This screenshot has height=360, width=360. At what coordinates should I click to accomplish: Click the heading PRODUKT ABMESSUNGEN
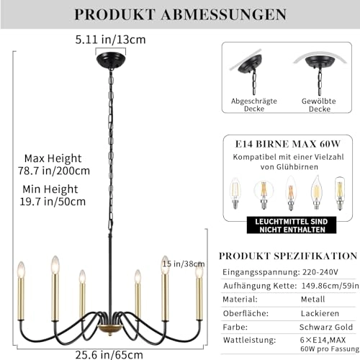pyautogui.click(x=179, y=14)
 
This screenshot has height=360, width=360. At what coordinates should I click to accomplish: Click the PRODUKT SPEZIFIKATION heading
pyautogui.click(x=287, y=256)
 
